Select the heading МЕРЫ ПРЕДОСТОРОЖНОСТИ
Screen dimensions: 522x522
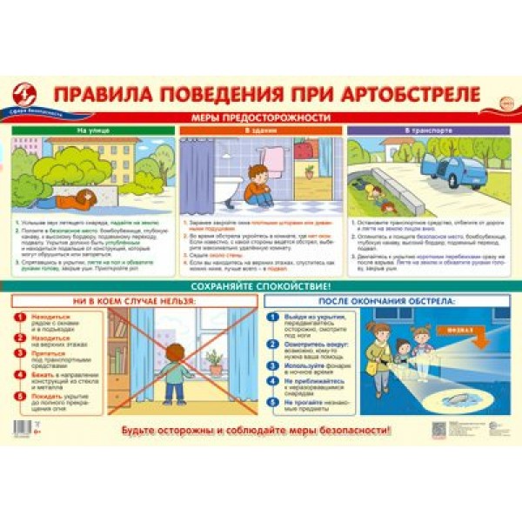coord(261,117)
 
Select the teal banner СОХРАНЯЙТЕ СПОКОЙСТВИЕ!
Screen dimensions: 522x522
coord(261,285)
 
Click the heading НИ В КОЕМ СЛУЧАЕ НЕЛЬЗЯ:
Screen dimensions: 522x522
coord(139,301)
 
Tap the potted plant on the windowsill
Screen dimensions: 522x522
coord(214,360)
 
